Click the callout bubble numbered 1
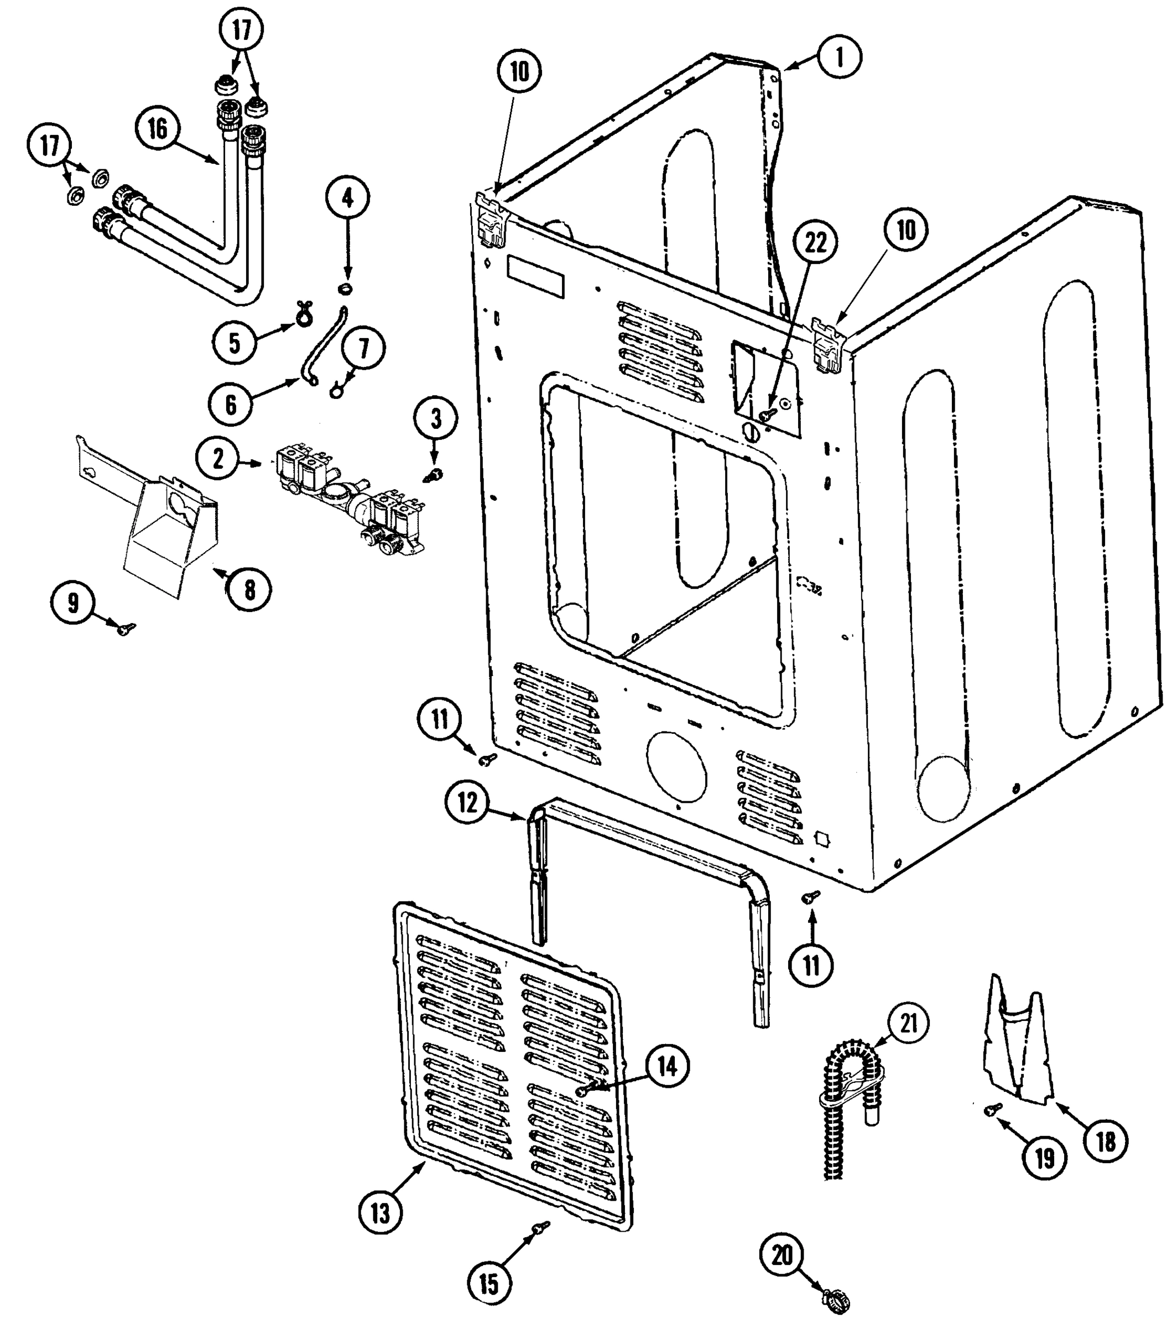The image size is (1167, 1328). pyautogui.click(x=839, y=58)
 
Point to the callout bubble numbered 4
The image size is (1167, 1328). pyautogui.click(x=348, y=197)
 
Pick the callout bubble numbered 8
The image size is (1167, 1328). pyautogui.click(x=249, y=590)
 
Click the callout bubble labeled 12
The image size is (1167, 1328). pyautogui.click(x=467, y=803)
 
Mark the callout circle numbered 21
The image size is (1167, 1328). pyautogui.click(x=908, y=1023)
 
